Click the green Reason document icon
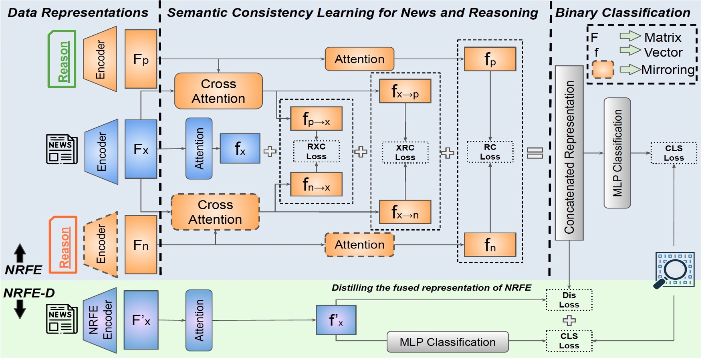pyautogui.click(x=62, y=59)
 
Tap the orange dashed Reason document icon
pyautogui.click(x=63, y=245)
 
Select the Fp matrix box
pyautogui.click(x=141, y=59)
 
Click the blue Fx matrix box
pyautogui.click(x=141, y=149)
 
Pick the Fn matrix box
pyautogui.click(x=141, y=245)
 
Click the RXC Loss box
pyautogui.click(x=316, y=152)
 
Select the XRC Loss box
pyautogui.click(x=405, y=152)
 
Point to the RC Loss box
pyautogui.click(x=490, y=152)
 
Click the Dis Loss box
pyautogui.click(x=569, y=300)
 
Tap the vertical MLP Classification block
pyautogui.click(x=617, y=153)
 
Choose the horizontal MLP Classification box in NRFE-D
pyautogui.click(x=448, y=342)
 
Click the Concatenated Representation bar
pyautogui.click(x=569, y=153)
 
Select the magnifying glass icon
pyautogui.click(x=674, y=270)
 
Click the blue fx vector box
pyautogui.click(x=240, y=149)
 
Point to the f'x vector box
pyautogui.click(x=336, y=320)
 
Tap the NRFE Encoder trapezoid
pyautogui.click(x=100, y=320)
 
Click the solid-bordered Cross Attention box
pyautogui.click(x=218, y=91)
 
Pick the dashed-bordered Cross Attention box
pyautogui.click(x=215, y=212)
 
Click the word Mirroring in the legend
pyautogui.click(x=667, y=70)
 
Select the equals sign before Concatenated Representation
pyautogui.click(x=535, y=153)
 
